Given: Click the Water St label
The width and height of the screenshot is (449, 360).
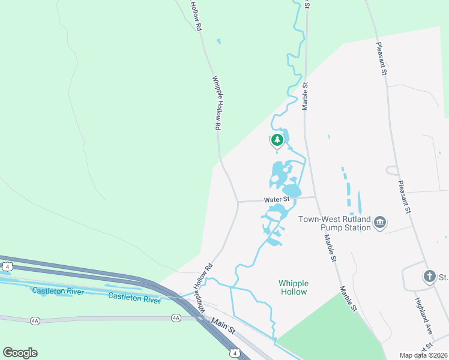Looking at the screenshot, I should [277, 199].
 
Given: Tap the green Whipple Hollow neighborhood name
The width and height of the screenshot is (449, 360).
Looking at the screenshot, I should [293, 287].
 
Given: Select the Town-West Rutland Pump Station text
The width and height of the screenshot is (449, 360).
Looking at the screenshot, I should [335, 224].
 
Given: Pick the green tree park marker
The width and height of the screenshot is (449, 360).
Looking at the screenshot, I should [277, 140].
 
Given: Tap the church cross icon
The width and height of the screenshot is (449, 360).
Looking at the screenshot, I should [429, 277].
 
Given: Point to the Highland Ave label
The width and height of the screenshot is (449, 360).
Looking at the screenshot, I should [424, 313].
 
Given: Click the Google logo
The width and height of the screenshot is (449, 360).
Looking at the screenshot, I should [20, 353].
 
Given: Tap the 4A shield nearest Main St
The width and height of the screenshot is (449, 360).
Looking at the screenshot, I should [176, 317].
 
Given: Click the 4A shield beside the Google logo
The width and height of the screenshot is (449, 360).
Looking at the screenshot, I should [35, 321].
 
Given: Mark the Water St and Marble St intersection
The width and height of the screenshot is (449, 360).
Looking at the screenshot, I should [316, 197].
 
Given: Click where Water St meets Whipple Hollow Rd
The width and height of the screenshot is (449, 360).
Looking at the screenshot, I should [238, 202].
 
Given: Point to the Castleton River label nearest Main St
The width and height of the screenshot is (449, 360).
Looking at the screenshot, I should [134, 297].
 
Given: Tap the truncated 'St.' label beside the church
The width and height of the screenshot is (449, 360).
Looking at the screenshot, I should [444, 277].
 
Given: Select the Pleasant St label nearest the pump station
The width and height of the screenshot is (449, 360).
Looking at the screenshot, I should [403, 196].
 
